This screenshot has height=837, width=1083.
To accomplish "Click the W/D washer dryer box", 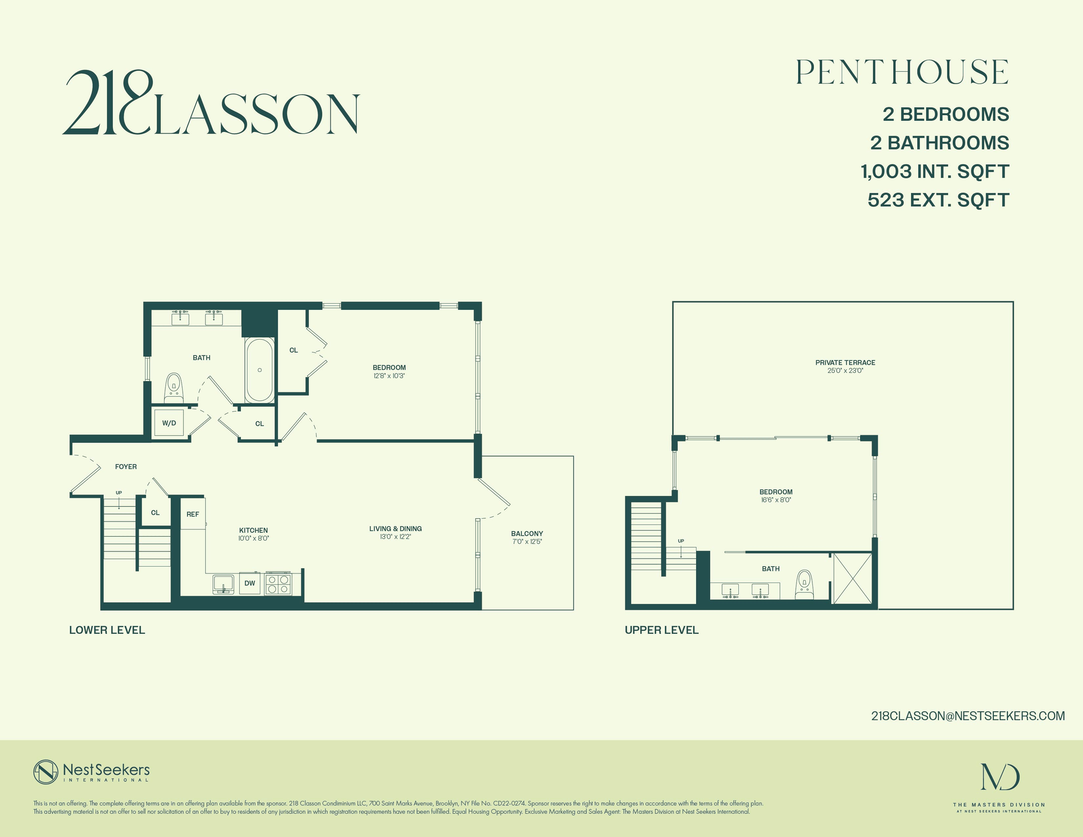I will (x=169, y=423).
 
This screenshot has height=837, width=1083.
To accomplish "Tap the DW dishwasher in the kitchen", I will (x=250, y=584).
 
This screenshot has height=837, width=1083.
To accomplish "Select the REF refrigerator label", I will (x=193, y=514).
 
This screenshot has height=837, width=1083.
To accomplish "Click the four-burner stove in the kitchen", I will (x=279, y=584).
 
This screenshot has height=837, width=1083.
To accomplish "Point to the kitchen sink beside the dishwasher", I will (x=223, y=583).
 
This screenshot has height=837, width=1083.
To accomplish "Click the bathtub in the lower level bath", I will (x=259, y=370).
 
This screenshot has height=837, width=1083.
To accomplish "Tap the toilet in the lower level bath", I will (x=174, y=388).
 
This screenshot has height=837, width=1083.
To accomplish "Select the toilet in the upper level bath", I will (x=804, y=585).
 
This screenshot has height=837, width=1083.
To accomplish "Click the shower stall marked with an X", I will (x=852, y=579).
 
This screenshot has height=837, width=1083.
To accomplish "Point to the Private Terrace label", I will (x=845, y=363).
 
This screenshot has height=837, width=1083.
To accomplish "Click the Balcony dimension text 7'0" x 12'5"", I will (x=527, y=542).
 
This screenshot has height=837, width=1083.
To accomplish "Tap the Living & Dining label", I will (x=395, y=529).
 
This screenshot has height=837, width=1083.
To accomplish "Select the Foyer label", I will (x=126, y=467).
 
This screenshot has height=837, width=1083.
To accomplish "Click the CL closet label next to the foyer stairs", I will (x=155, y=513).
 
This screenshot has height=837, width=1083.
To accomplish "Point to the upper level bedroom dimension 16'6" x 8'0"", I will (x=776, y=500).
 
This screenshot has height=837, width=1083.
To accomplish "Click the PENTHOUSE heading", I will (x=902, y=73).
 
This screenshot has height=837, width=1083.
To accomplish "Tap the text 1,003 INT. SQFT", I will (x=935, y=172).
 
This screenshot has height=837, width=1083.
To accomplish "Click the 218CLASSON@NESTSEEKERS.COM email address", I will (x=968, y=716).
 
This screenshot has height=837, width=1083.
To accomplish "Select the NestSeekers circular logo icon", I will (x=46, y=772).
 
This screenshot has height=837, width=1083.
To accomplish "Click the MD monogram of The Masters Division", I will (x=1000, y=777).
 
